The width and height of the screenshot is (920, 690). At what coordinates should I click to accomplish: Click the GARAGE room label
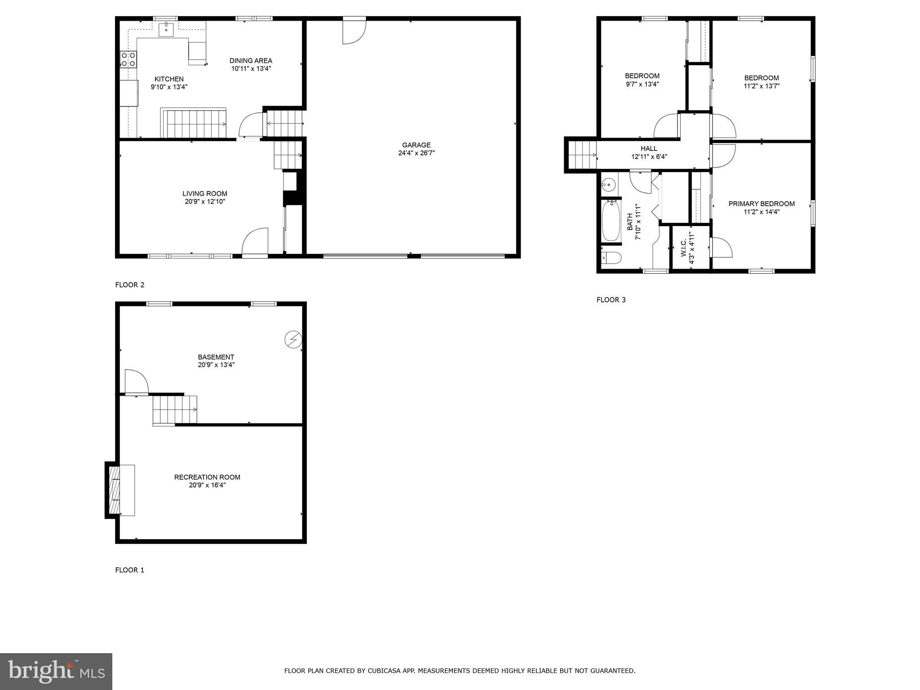(416, 145)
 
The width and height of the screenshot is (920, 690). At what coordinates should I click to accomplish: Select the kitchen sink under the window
(166, 29)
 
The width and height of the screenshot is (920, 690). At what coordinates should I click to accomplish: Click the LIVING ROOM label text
(204, 194)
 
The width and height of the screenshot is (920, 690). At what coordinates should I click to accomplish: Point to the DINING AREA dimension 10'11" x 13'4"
(251, 69)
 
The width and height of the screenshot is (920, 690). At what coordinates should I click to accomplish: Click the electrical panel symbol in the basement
(293, 339)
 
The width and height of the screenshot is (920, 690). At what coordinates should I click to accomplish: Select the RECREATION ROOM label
(207, 477)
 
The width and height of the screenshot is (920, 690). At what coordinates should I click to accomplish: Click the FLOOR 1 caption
(130, 570)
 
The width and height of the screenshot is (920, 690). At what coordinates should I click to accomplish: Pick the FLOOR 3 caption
(611, 300)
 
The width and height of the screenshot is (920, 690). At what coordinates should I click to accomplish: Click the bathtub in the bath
(611, 221)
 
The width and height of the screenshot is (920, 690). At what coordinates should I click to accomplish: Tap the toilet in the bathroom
(611, 258)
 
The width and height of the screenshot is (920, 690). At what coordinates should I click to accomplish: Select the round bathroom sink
(608, 184)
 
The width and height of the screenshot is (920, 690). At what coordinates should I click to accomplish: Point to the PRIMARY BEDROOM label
(761, 204)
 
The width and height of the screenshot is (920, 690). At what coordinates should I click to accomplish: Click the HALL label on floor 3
(649, 149)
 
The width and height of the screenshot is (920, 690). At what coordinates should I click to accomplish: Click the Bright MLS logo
(56, 672)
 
